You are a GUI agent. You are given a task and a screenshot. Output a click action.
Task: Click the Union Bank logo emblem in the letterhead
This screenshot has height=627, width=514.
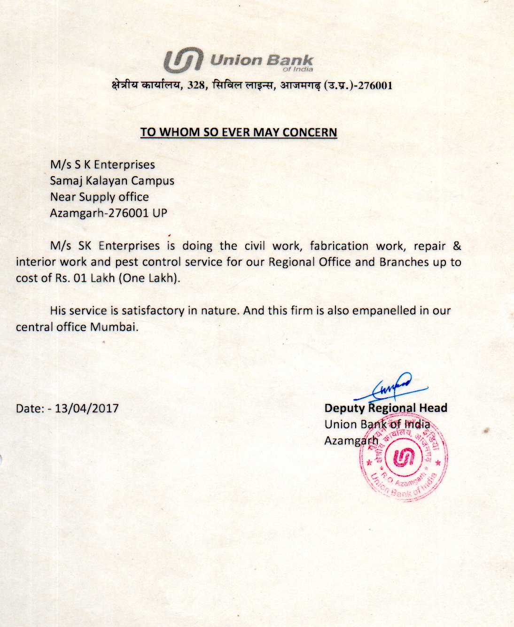(x=183, y=61)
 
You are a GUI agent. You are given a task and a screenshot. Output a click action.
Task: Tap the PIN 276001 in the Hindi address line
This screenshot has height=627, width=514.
(x=375, y=85)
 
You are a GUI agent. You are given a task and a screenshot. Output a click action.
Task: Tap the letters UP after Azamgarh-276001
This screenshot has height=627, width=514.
(x=160, y=213)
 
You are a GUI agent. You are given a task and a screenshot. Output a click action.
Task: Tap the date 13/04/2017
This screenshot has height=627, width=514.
(x=86, y=408)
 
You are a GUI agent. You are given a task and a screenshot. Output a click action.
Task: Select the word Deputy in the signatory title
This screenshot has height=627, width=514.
(x=344, y=408)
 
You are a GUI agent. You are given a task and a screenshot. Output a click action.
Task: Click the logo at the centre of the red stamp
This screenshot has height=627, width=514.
(x=403, y=457)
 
